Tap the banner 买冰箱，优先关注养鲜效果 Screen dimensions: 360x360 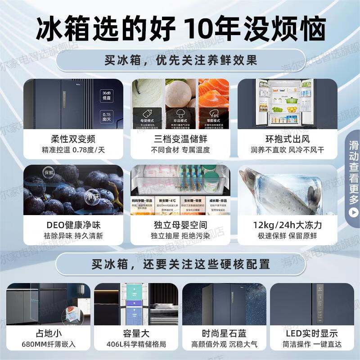pyautogui.click(x=180, y=60)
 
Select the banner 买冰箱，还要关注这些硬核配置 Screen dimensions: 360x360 pyautogui.click(x=180, y=264)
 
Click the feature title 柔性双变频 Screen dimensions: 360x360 pyautogui.click(x=73, y=139)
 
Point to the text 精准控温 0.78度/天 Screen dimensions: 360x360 pyautogui.click(x=73, y=150)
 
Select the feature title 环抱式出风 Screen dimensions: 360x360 pyautogui.click(x=287, y=139)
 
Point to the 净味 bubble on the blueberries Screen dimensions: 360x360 pyautogui.click(x=92, y=196)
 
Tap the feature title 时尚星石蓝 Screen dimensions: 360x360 pyautogui.click(x=224, y=333)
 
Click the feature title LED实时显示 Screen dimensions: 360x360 pyautogui.click(x=311, y=333)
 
